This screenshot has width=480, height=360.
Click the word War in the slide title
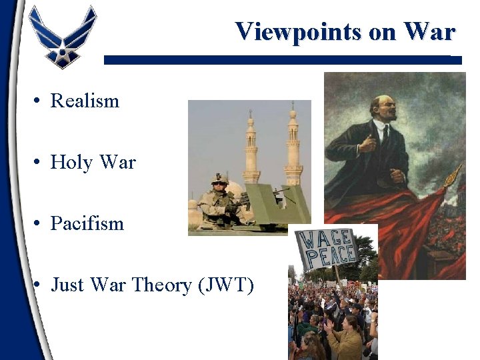428,31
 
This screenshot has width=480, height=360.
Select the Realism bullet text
85,101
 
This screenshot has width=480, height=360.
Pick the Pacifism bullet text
87,223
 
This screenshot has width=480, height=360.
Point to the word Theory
160,285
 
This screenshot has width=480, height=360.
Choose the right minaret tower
293,147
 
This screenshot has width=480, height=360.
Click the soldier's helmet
219,179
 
